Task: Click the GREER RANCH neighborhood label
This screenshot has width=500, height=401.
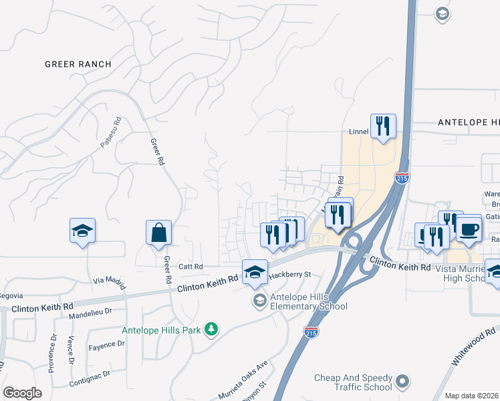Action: (x=78, y=64)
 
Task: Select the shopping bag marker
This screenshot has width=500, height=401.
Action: (x=159, y=234)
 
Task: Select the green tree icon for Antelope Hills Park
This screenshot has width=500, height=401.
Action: (x=211, y=329)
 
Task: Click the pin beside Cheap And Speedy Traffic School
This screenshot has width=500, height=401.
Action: (x=402, y=382)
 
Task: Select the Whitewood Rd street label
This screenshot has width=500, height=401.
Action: (x=473, y=346)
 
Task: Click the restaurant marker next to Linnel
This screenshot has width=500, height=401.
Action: (x=383, y=126)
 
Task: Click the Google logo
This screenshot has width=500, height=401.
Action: (x=22, y=392)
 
